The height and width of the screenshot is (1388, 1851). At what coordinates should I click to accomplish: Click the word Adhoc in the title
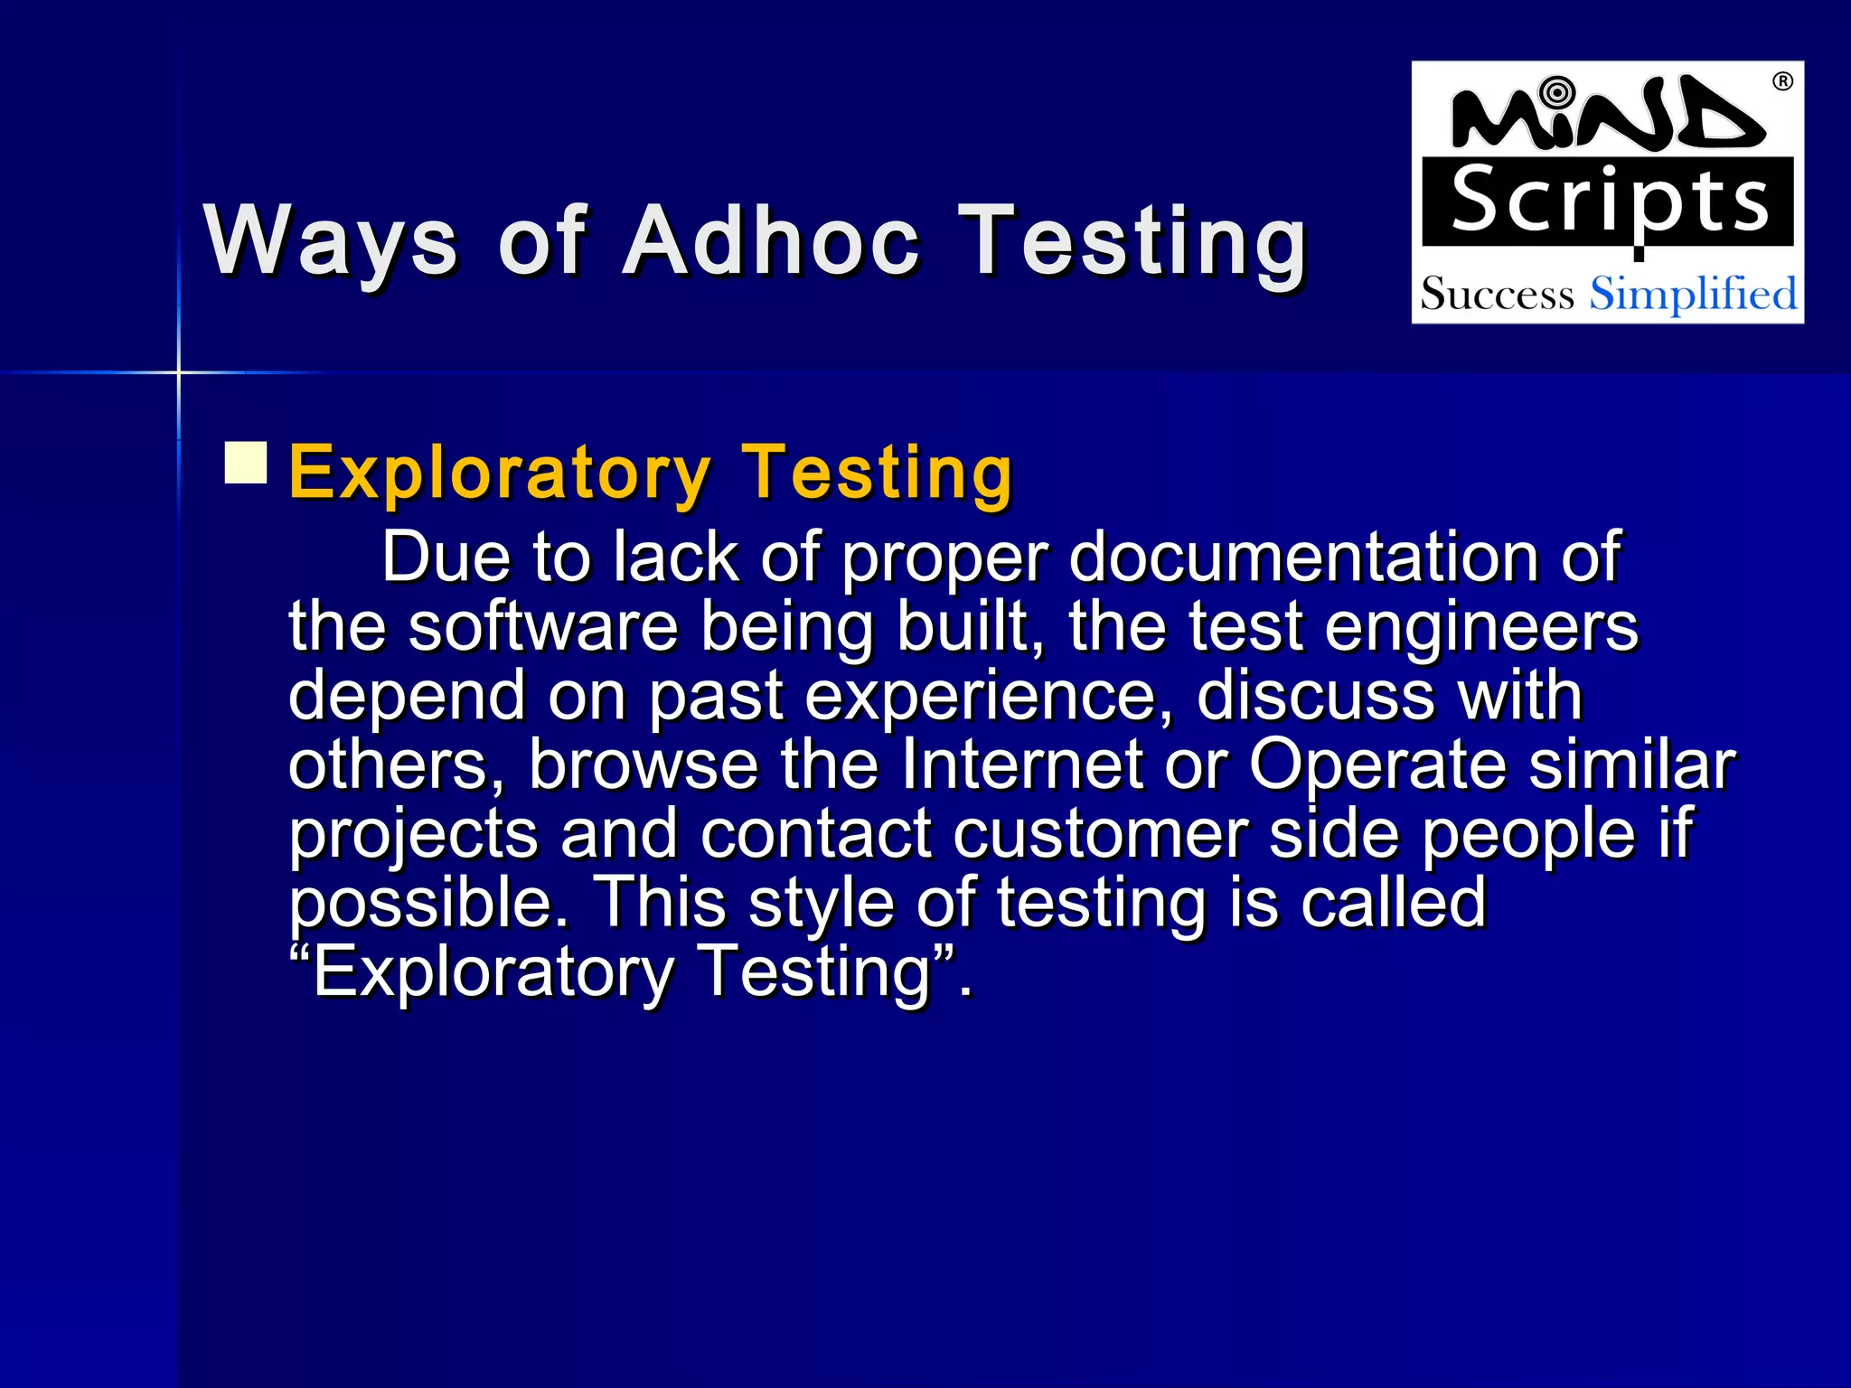(771, 240)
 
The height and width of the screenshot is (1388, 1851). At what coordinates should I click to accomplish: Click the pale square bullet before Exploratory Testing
(246, 463)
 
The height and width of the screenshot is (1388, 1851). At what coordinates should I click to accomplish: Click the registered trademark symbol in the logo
(1781, 82)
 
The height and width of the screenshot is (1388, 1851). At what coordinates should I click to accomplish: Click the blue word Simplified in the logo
(1693, 294)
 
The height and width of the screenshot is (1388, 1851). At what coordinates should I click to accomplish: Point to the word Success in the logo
(1497, 295)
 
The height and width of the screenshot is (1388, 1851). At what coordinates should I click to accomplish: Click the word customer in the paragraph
(1100, 833)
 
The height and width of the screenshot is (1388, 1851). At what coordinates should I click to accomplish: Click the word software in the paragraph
(542, 626)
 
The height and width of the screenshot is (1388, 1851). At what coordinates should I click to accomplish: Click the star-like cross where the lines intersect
(179, 371)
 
